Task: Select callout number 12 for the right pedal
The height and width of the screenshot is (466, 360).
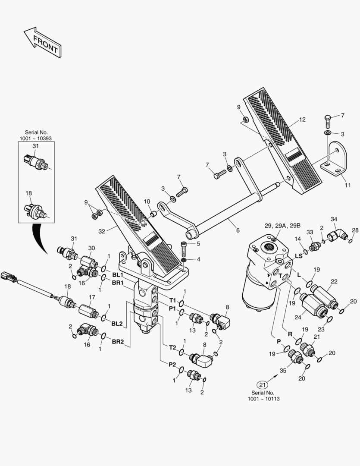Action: click(x=302, y=120)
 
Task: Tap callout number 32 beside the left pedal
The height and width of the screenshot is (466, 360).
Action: click(x=101, y=231)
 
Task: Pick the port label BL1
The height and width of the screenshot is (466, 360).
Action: click(x=118, y=274)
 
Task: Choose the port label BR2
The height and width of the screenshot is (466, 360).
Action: click(x=118, y=342)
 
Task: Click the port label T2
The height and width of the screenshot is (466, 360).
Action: click(x=172, y=347)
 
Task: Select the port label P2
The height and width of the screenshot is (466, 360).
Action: click(x=172, y=364)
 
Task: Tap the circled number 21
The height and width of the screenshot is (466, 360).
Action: click(x=263, y=384)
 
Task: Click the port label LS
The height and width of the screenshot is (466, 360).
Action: click(x=298, y=256)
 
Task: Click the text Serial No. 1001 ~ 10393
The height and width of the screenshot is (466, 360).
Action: click(x=37, y=135)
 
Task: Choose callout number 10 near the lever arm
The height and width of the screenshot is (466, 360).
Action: click(x=147, y=201)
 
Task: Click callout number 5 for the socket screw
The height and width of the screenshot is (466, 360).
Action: click(x=199, y=244)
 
